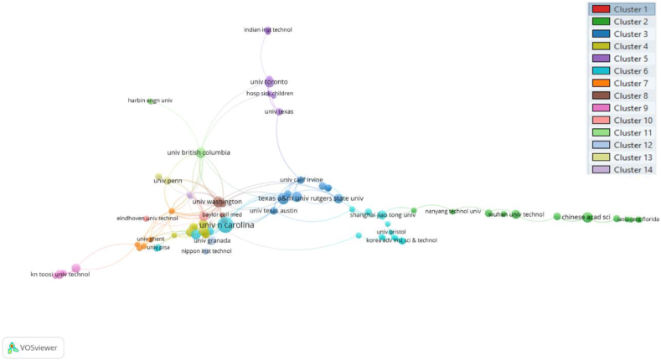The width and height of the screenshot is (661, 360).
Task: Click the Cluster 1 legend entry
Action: (621, 9)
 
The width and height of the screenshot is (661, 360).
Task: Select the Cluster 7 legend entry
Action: (621, 83)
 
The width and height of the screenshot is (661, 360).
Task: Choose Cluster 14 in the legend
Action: (621, 169)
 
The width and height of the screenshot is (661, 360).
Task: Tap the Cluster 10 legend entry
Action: (621, 121)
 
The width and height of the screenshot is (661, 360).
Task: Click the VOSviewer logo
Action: (34, 347)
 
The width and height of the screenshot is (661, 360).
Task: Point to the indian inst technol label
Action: (267, 30)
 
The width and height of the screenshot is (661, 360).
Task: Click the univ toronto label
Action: (269, 82)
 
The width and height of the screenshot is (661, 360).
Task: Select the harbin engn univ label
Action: (150, 100)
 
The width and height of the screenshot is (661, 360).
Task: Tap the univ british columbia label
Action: (199, 153)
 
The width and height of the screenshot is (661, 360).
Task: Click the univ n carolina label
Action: (226, 224)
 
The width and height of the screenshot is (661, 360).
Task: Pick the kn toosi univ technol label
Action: (59, 274)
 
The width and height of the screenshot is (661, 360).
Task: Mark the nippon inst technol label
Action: (206, 251)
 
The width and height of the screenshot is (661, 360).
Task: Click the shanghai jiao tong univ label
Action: (382, 215)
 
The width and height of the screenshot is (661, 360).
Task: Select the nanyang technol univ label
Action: (453, 211)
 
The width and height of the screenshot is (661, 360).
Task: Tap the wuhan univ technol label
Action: (516, 214)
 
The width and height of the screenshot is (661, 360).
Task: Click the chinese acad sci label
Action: (586, 218)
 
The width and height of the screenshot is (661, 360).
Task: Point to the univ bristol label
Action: (390, 231)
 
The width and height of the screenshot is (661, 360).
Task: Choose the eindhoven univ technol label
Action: (147, 219)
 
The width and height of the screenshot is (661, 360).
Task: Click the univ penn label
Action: (168, 180)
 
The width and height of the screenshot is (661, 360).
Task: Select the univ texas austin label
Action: (274, 210)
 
